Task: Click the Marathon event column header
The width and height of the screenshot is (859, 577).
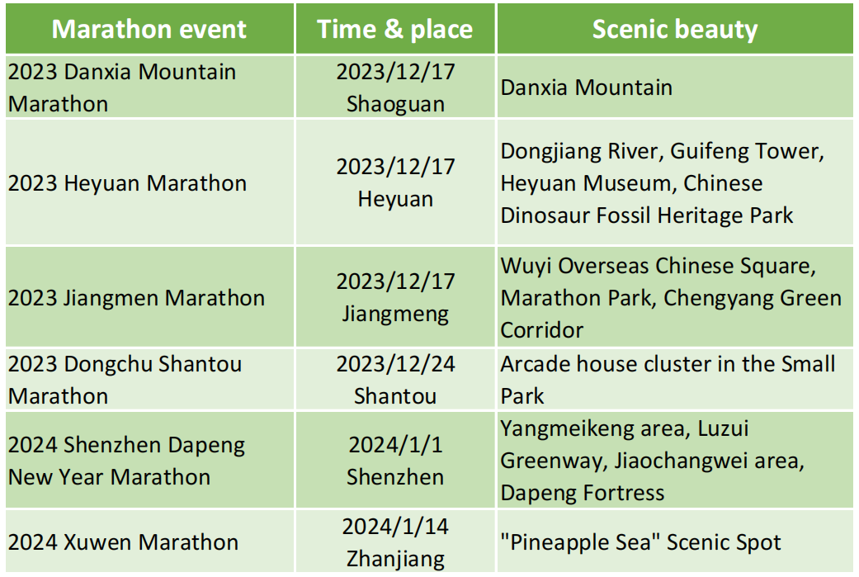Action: coord(149,29)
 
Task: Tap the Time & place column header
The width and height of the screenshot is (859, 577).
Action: coord(394,29)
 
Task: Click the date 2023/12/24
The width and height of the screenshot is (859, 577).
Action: coord(395,364)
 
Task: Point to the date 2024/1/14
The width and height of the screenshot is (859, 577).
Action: coord(395,527)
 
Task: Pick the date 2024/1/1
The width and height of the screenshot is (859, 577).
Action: coord(395,446)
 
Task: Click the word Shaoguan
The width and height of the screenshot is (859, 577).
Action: coord(395,105)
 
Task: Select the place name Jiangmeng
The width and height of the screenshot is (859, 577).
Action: coord(395,315)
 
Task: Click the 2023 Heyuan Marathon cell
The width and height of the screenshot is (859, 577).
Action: coord(127,183)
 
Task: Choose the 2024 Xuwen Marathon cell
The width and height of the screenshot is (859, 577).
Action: coord(123,542)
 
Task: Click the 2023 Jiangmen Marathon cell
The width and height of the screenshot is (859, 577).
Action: coord(136,298)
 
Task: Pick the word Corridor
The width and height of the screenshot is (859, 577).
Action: coord(542,330)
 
